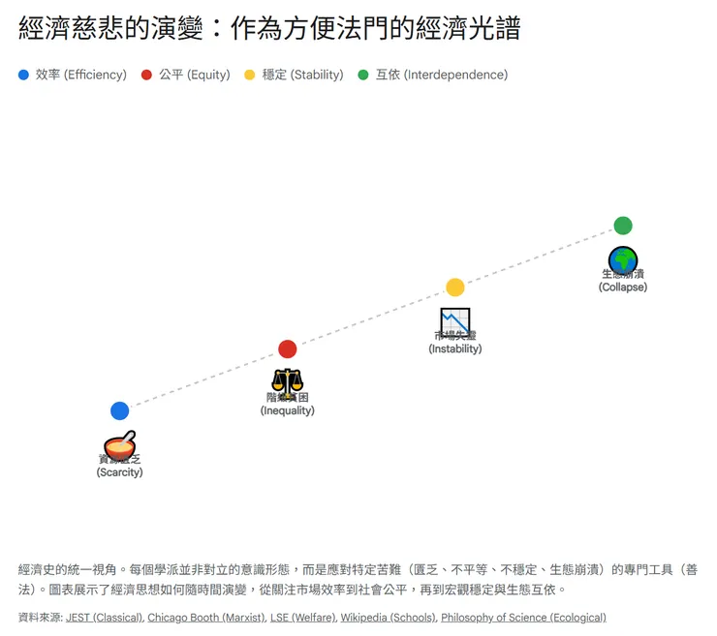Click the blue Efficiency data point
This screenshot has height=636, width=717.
[119, 410]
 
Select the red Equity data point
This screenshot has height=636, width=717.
[287, 348]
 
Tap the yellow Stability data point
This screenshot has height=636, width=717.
[455, 287]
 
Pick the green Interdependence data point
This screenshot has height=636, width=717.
[623, 226]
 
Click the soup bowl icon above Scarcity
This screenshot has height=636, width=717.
[119, 445]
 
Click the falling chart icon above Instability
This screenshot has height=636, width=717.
[455, 321]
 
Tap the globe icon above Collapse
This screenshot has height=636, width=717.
[623, 259]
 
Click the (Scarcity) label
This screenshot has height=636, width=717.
[119, 472]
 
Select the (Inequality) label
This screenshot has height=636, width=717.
[287, 410]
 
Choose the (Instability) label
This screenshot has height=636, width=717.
[455, 348]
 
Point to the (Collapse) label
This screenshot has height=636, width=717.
[623, 287]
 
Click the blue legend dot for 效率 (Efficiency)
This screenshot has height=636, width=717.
[24, 75]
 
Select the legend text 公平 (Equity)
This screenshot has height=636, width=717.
[195, 75]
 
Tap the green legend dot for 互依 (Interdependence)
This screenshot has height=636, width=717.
[363, 75]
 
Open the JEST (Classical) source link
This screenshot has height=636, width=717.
[104, 617]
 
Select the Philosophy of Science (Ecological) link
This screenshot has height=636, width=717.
[523, 617]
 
